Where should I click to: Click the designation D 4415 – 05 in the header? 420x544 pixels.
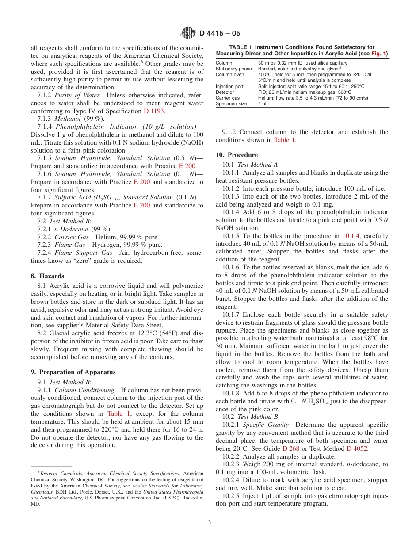220,34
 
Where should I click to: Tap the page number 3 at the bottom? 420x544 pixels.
210,522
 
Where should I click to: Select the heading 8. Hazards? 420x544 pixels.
47,276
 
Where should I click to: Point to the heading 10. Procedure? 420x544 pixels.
237,155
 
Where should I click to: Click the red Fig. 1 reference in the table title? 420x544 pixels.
378,54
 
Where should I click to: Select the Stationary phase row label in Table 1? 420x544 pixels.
233,69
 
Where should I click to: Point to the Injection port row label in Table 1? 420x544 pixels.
229,86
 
